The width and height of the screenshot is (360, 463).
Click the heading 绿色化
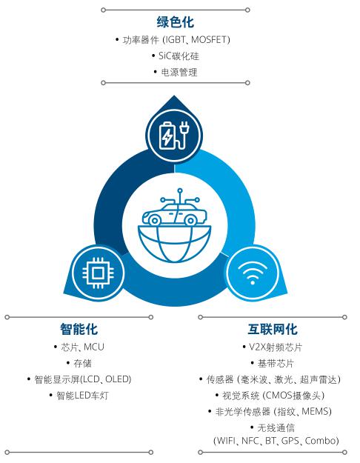click(x=176, y=22)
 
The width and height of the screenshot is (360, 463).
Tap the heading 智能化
click(x=79, y=329)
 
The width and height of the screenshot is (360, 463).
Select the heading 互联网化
click(x=273, y=329)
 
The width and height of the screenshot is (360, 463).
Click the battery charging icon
click(x=174, y=136)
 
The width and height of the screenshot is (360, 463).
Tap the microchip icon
click(x=98, y=273)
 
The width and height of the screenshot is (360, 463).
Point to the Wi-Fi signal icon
click(x=253, y=273)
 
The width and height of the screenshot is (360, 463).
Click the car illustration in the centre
click(x=175, y=212)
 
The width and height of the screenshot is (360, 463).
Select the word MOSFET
click(x=209, y=39)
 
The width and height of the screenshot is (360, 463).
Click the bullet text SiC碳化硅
click(x=179, y=56)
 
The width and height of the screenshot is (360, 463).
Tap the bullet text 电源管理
click(x=179, y=72)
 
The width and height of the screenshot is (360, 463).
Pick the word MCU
click(x=94, y=347)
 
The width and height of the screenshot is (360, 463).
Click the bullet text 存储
click(x=82, y=363)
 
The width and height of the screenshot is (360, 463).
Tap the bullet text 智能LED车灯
click(x=82, y=396)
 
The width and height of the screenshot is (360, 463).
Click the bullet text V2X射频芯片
click(x=276, y=347)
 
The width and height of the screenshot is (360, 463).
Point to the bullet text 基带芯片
click(x=276, y=363)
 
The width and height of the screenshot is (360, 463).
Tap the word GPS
click(x=290, y=441)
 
